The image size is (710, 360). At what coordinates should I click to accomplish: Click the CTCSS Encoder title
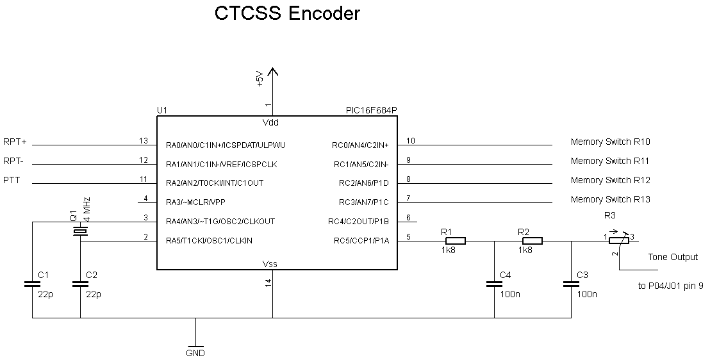287,13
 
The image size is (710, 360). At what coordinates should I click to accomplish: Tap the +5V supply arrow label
260,79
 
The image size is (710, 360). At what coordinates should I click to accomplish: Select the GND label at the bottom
195,352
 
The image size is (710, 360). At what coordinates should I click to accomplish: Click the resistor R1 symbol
454,241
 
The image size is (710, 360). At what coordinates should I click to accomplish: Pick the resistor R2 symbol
532,241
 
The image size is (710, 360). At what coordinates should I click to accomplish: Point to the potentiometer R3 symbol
618,240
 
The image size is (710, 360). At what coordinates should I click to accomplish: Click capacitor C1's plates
31,284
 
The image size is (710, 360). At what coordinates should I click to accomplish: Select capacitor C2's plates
80,284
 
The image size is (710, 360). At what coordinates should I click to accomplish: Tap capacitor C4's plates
494,284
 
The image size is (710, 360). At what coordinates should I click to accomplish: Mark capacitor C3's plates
570,284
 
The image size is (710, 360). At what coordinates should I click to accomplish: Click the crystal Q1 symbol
80,232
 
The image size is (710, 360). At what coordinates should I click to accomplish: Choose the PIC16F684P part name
371,111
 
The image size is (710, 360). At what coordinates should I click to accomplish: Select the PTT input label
12,181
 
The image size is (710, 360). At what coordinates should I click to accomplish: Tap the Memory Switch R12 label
610,181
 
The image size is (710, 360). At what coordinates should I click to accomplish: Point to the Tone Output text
673,257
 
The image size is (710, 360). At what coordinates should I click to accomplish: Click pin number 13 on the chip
144,140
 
